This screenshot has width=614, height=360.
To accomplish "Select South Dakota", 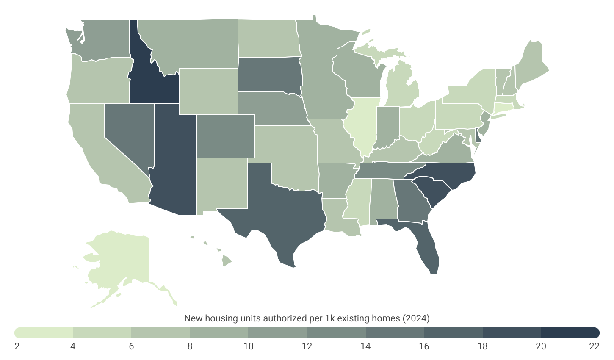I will pos(269,74).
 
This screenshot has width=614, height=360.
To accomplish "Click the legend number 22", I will pos(594,346).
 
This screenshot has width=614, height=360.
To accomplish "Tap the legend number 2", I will pos(17,346).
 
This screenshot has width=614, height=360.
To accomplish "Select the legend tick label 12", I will pos(307,346).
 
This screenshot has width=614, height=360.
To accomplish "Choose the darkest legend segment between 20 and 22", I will pos(570,332).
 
